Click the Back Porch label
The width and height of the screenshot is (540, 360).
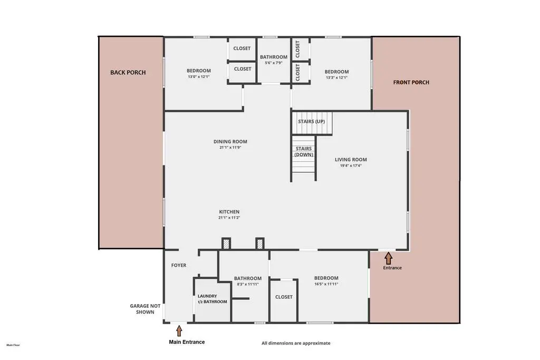click(x=128, y=72)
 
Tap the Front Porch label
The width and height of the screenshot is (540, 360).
click(x=411, y=82)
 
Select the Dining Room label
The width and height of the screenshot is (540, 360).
click(x=230, y=141)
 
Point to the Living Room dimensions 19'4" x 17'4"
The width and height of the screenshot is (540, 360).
click(x=351, y=166)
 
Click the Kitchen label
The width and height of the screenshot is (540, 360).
click(x=229, y=212)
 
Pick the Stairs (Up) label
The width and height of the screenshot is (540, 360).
click(x=311, y=121)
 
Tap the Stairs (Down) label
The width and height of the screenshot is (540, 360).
click(x=304, y=151)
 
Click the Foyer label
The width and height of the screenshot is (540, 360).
click(x=179, y=265)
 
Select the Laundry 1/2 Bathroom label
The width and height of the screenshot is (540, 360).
click(x=212, y=299)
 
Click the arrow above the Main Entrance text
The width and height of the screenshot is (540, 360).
click(x=179, y=330)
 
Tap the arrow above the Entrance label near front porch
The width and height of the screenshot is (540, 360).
click(x=389, y=258)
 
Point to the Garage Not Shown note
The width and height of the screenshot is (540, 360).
click(x=145, y=309)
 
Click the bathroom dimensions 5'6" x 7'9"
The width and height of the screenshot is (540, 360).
click(x=274, y=63)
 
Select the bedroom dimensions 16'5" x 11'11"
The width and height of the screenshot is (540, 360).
click(x=326, y=284)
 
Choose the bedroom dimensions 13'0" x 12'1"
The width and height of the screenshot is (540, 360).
click(x=199, y=77)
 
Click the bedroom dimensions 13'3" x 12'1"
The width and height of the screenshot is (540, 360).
click(x=337, y=78)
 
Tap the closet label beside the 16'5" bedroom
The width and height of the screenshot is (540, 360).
click(x=284, y=297)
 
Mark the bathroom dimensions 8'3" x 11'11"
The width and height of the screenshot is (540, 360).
click(x=248, y=284)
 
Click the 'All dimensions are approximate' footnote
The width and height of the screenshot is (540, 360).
click(x=296, y=343)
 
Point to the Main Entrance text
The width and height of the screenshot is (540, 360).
click(x=187, y=342)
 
